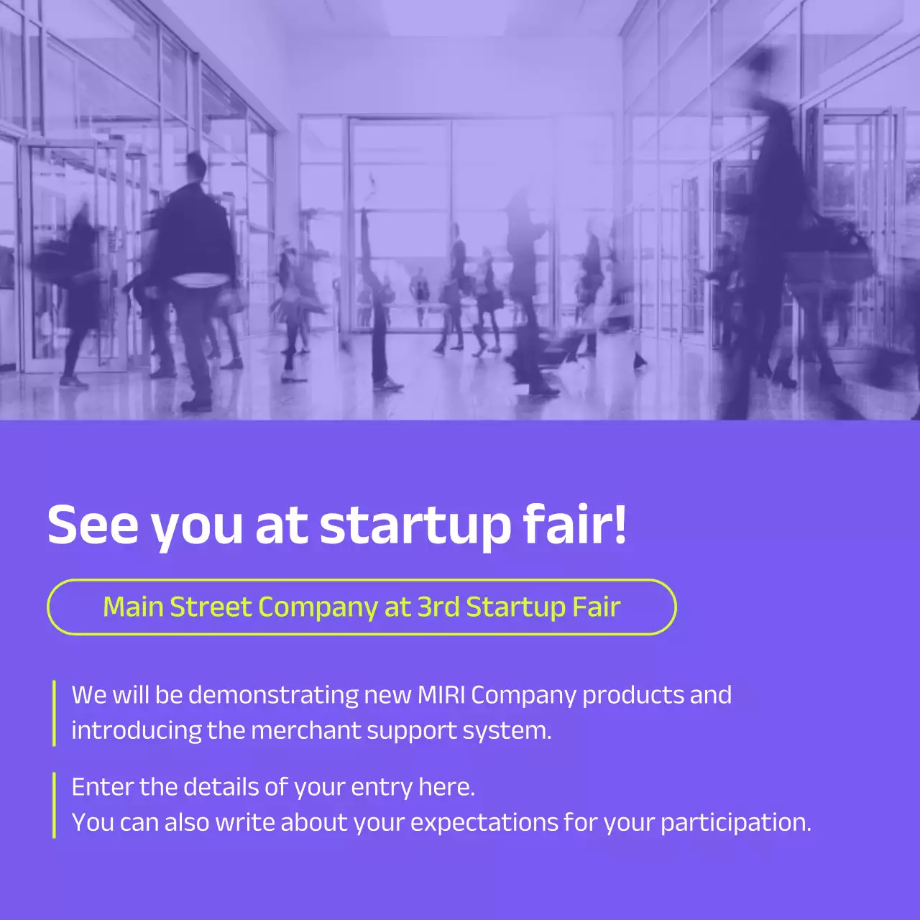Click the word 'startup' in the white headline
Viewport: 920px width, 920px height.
pyautogui.click(x=415, y=525)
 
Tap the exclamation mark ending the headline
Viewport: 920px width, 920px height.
pyautogui.click(x=620, y=523)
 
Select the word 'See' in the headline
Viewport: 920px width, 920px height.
pyautogui.click(x=92, y=525)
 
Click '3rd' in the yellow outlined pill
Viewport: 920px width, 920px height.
pyautogui.click(x=438, y=607)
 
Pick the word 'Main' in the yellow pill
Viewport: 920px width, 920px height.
pyautogui.click(x=133, y=607)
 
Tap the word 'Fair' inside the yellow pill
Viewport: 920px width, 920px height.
pyautogui.click(x=596, y=607)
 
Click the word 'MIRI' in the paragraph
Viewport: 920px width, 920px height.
pyautogui.click(x=441, y=695)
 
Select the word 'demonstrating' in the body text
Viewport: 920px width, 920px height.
pyautogui.click(x=273, y=695)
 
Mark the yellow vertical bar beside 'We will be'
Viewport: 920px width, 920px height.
pyautogui.click(x=55, y=713)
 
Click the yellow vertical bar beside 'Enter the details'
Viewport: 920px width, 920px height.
pyautogui.click(x=55, y=805)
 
